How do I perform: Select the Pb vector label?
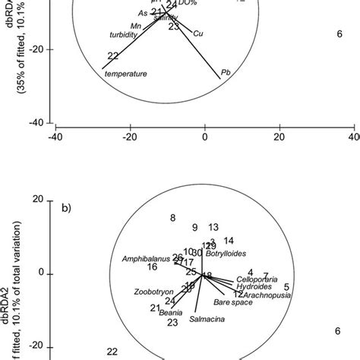click(x=225, y=73)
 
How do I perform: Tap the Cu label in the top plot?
click(x=198, y=33)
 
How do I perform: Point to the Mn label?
click(x=137, y=27)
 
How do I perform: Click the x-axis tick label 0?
click(x=205, y=137)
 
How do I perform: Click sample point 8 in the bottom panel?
click(x=173, y=218)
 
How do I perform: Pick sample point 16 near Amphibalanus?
click(x=153, y=267)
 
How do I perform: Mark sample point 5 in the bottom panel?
click(x=286, y=287)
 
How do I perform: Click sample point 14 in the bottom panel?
click(x=229, y=241)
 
